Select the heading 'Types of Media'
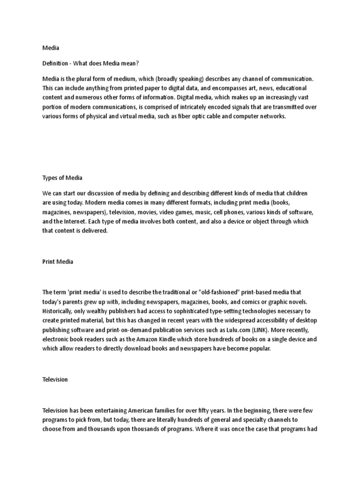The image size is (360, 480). pyautogui.click(x=62, y=178)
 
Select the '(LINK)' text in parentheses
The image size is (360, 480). pyautogui.click(x=263, y=329)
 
